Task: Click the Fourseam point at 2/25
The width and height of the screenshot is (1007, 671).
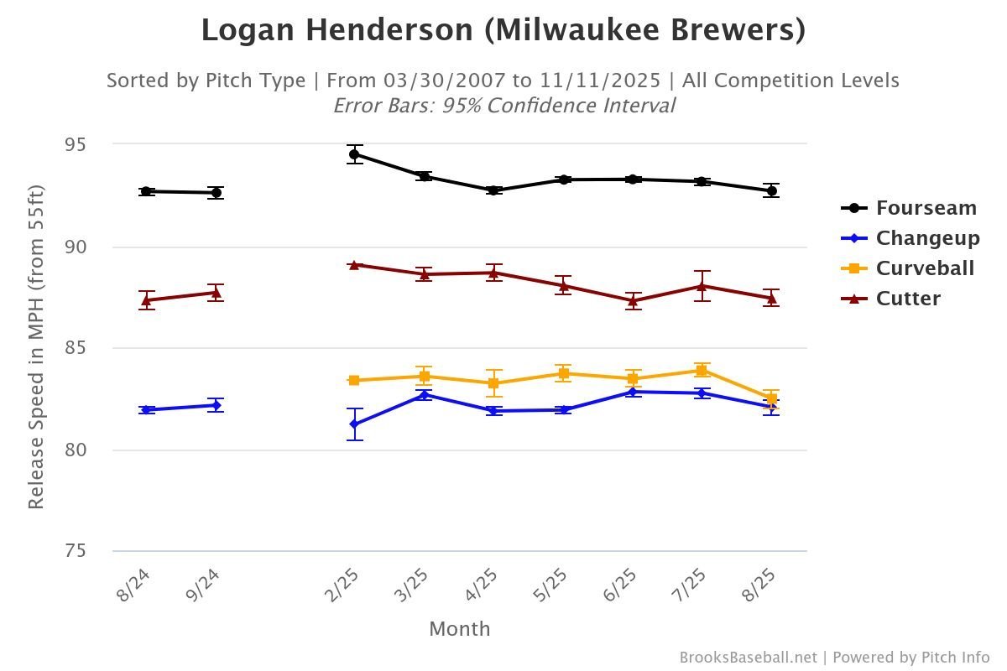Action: [x=354, y=154]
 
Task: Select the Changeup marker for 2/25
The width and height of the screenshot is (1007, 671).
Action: [x=354, y=424]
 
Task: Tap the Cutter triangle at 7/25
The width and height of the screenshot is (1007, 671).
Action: [x=702, y=286]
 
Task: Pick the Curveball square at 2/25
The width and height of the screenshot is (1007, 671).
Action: [x=354, y=381]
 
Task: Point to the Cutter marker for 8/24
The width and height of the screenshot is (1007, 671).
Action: [x=147, y=300]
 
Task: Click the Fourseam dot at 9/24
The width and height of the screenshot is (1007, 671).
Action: [x=217, y=193]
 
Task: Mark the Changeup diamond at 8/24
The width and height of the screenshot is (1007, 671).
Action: [x=147, y=410]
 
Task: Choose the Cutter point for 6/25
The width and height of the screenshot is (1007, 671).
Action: [x=633, y=300]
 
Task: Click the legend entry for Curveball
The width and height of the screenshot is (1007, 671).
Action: [x=925, y=268]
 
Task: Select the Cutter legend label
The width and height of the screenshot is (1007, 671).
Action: [x=908, y=299]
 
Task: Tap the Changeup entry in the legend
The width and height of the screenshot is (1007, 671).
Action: [x=927, y=238]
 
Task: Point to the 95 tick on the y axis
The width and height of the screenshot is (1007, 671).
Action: [x=76, y=144]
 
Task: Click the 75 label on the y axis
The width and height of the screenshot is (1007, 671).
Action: [x=76, y=551]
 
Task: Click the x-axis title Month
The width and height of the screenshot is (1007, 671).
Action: [x=459, y=629]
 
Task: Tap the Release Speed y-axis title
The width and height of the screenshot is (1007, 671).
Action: [x=35, y=347]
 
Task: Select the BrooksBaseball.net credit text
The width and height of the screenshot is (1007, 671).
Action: [x=748, y=658]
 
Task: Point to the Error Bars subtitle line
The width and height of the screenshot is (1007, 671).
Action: [x=503, y=106]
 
